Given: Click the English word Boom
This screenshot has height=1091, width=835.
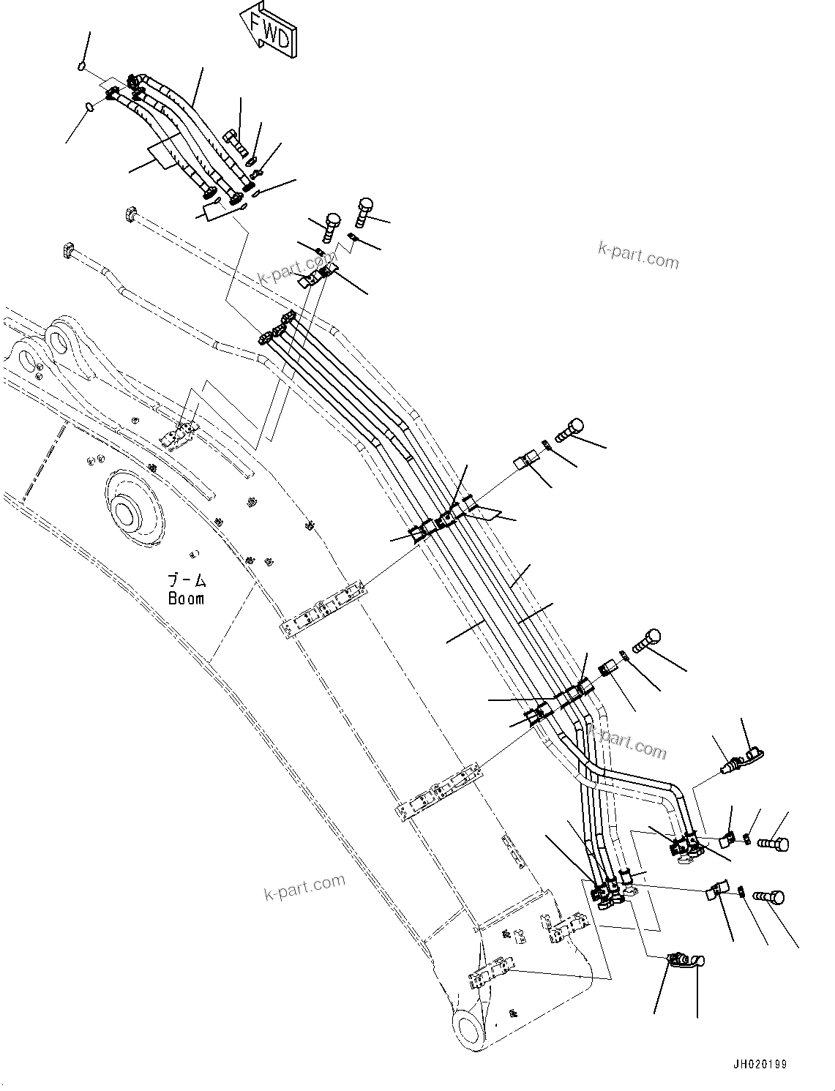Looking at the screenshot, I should click(x=186, y=599).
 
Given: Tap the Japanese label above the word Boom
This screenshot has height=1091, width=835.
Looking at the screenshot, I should click(x=187, y=581).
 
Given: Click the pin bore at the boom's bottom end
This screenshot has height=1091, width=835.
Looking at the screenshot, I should click(x=468, y=1024).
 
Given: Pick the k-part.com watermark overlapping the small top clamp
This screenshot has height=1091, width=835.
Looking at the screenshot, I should click(x=296, y=269).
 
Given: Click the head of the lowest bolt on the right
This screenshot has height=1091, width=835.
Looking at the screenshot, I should click(x=776, y=898).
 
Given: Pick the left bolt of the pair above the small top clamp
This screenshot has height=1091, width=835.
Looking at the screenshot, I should click(x=332, y=224).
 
